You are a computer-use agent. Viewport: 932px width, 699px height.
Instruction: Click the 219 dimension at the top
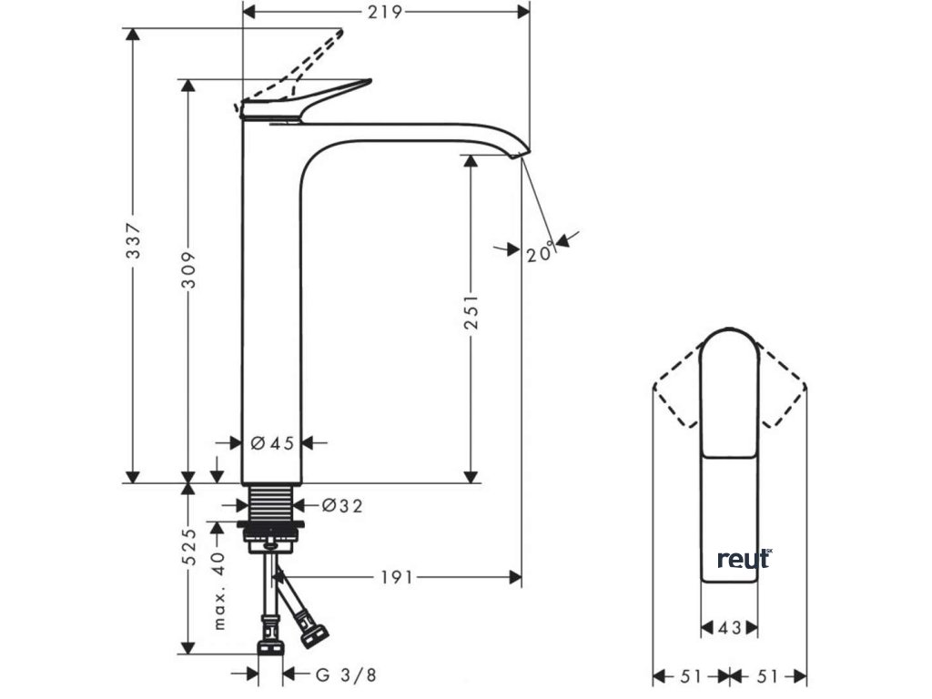click(x=386, y=11)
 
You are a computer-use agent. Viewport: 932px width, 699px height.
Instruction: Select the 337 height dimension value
click(x=133, y=240)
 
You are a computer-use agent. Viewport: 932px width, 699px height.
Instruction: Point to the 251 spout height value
click(x=471, y=314)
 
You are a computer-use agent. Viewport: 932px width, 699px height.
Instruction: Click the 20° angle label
click(x=540, y=253)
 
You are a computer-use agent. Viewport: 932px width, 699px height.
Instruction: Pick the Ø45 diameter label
click(x=272, y=443)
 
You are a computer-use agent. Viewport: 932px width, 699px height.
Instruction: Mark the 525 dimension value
click(x=188, y=547)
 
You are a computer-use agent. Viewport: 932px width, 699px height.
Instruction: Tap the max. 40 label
click(x=218, y=591)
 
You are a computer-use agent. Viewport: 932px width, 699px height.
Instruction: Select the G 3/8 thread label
click(x=345, y=674)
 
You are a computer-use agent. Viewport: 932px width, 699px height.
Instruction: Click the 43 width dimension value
click(x=731, y=627)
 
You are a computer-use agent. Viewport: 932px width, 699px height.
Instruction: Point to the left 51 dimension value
click(x=692, y=676)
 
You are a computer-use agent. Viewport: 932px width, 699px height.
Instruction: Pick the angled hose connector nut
click(x=314, y=633)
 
